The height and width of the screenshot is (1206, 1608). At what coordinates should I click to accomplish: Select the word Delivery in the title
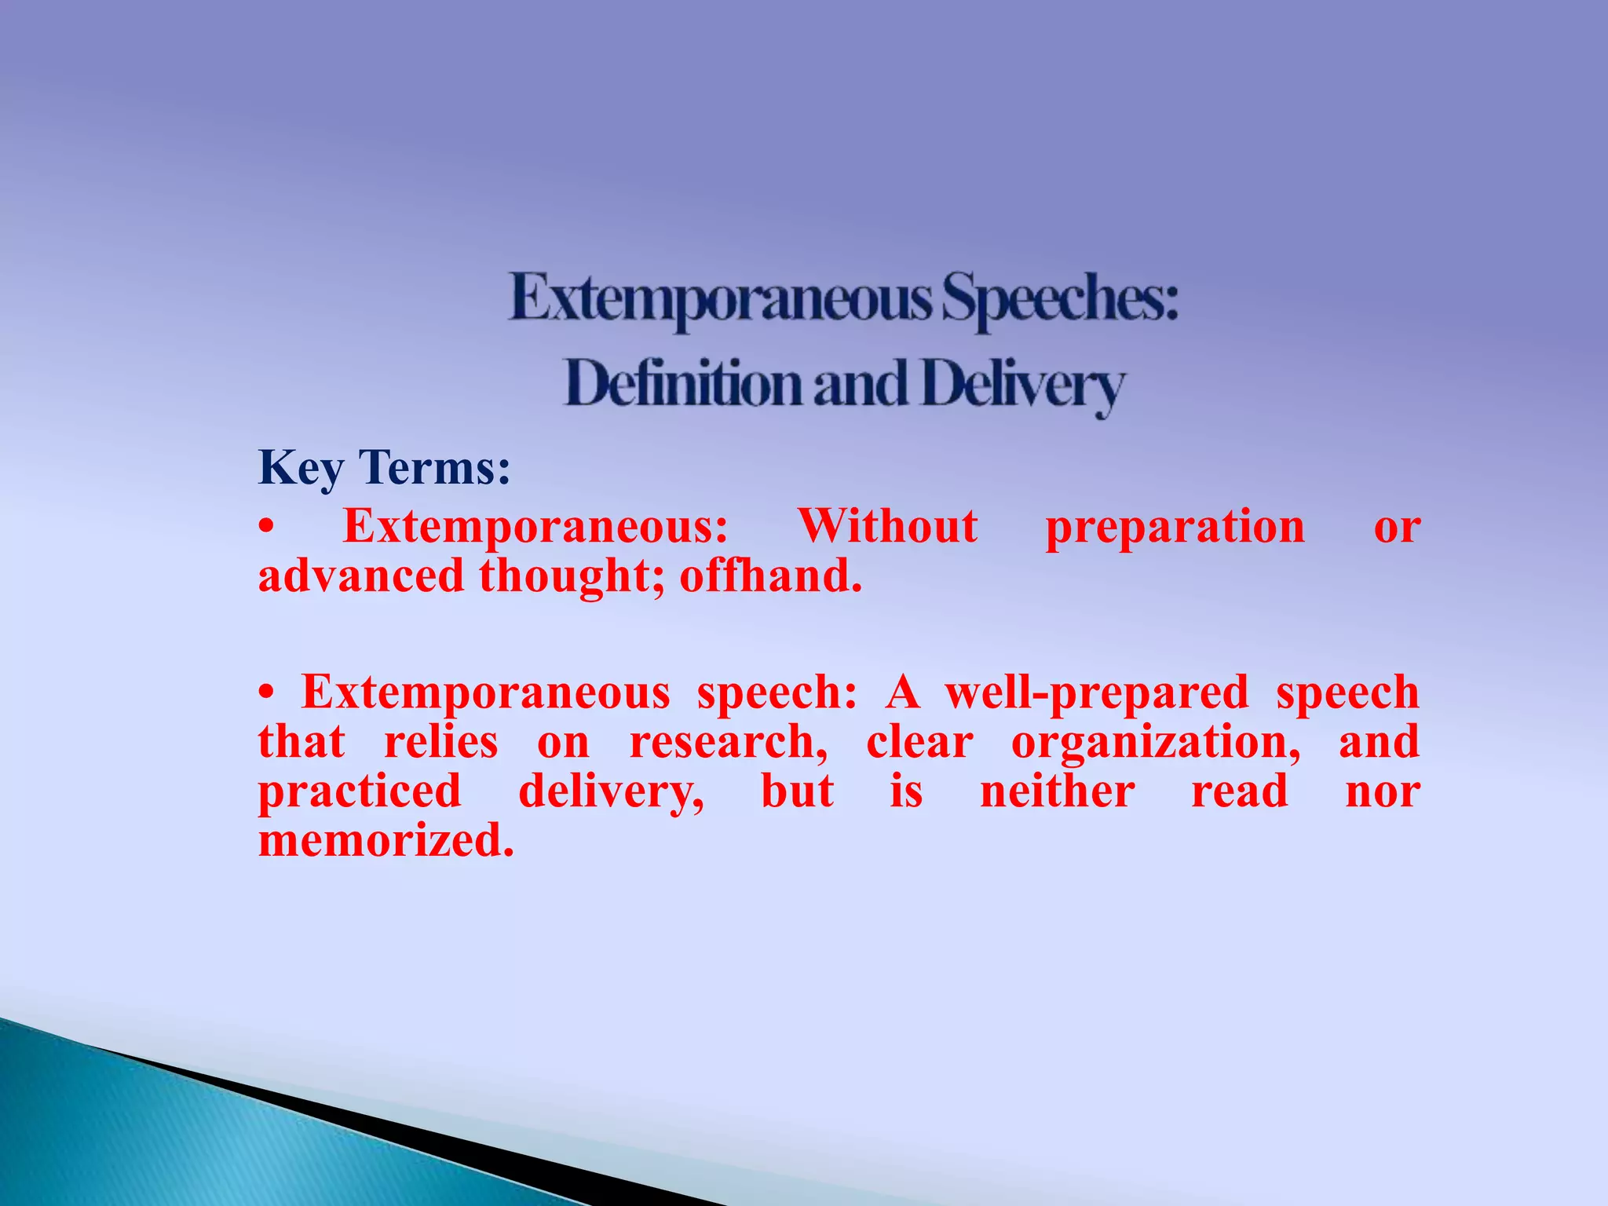[x=1023, y=386]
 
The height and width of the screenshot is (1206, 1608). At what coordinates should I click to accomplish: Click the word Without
[x=888, y=526]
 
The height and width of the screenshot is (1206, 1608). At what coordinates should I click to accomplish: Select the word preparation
[x=1175, y=528]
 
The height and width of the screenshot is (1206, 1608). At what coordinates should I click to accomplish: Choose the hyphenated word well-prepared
[x=1096, y=693]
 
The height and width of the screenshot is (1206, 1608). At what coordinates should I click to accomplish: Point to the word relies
[x=440, y=742]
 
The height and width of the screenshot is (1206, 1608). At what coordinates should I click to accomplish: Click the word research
[x=728, y=743]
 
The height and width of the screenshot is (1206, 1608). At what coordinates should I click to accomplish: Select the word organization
[x=1155, y=744]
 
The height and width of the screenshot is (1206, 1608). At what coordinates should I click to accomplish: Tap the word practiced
[x=360, y=792]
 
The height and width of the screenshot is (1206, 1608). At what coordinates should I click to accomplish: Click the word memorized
[x=386, y=840]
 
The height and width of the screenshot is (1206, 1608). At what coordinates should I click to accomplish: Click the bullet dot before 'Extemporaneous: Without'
[x=268, y=528]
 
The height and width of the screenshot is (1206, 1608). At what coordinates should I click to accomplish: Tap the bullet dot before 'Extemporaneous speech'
[x=268, y=693]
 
